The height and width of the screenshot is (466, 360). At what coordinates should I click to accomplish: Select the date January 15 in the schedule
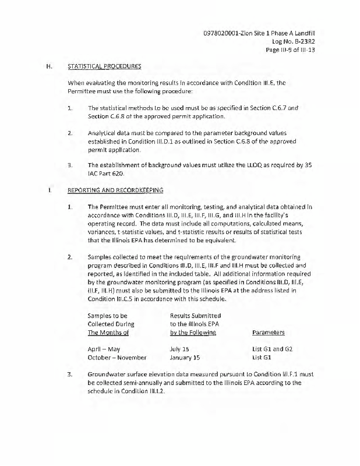[185, 358]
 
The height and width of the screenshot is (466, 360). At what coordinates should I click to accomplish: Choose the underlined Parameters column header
[268, 333]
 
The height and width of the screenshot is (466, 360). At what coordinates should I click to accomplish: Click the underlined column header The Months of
[108, 333]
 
